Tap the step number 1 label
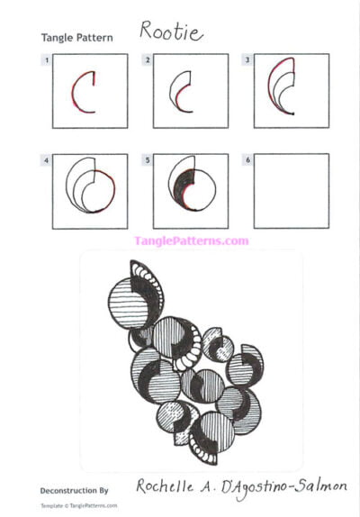pos(45,59)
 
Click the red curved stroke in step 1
pos(77,95)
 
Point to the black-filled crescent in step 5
pos(180,187)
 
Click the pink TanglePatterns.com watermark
pos(191,240)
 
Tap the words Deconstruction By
pos(75,491)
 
